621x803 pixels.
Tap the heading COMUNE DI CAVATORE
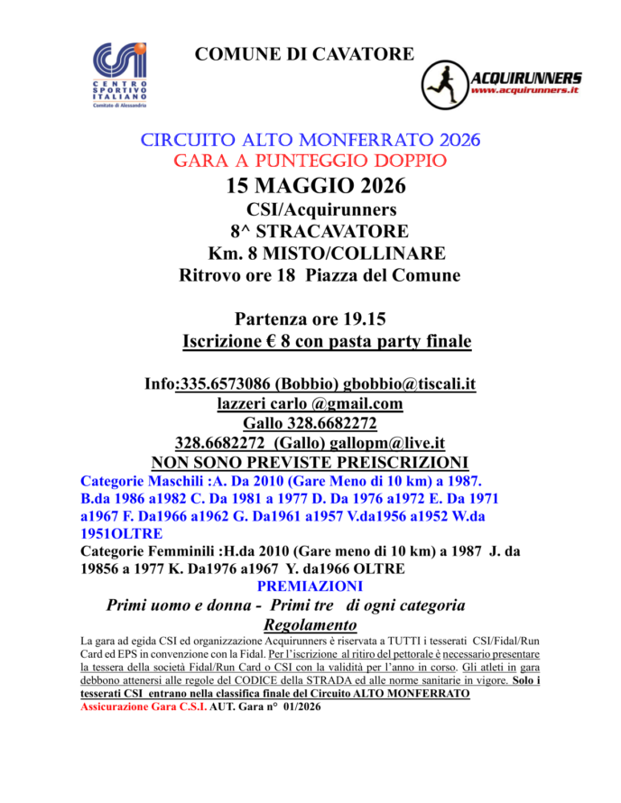(x=304, y=54)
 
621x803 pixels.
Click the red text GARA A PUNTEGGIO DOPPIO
(x=310, y=162)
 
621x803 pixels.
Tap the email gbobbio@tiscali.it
(x=410, y=384)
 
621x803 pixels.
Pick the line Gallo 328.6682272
(x=310, y=423)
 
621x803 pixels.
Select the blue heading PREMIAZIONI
(x=310, y=586)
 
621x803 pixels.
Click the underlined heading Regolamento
(x=310, y=625)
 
